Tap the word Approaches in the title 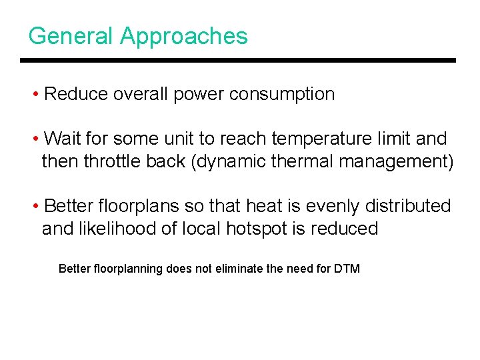[x=184, y=37]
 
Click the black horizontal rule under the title [x=237, y=61]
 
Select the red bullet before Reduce [x=36, y=95]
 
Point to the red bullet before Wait [x=36, y=139]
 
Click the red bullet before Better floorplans [x=36, y=207]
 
